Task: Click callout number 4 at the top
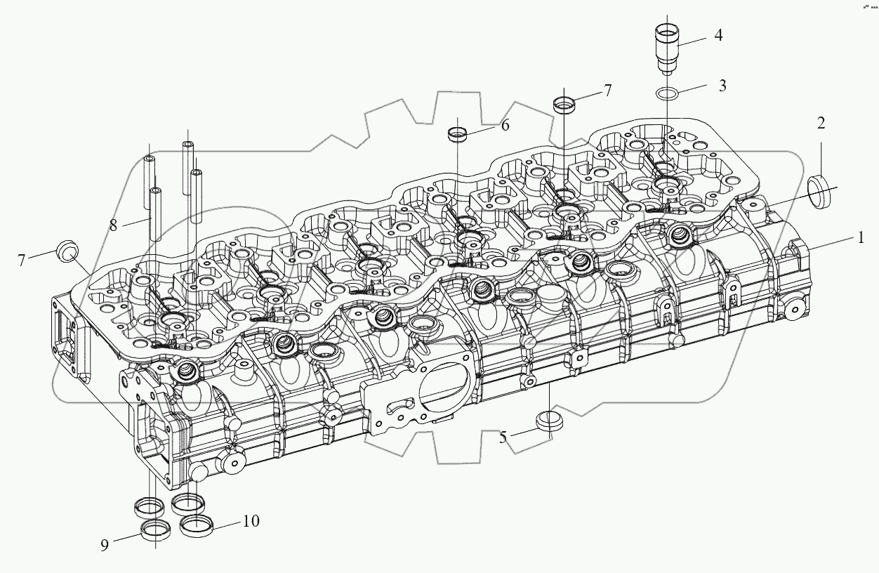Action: [718, 35]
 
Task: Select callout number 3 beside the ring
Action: [722, 86]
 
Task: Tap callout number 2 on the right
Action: [821, 123]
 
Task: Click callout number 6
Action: [505, 125]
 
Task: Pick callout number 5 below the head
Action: [503, 437]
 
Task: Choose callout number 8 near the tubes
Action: [114, 225]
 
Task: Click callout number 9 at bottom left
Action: [105, 545]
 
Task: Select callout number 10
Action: [251, 521]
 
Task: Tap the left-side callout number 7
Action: [22, 260]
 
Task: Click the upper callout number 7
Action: [607, 91]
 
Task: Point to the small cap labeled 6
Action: [458, 135]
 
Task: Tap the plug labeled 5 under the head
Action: [549, 421]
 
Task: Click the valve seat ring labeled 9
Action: [156, 529]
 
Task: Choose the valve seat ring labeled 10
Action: [196, 525]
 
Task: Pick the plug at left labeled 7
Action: [67, 252]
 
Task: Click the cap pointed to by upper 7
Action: [564, 105]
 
